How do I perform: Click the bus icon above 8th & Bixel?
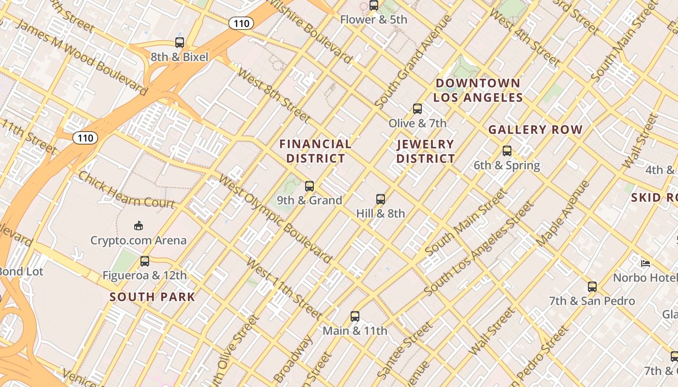coord(180,43)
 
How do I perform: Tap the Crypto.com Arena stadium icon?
coord(139,225)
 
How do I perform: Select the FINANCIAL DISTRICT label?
coord(315,151)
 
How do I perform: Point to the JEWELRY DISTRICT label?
coord(426,151)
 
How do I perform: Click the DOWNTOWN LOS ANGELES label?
coord(478,90)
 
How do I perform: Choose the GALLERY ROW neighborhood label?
coord(535,130)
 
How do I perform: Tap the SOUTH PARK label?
coord(152,297)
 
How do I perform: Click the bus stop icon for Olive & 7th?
coord(417,109)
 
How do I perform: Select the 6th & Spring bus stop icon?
coord(507,151)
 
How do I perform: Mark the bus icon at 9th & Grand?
coord(309,186)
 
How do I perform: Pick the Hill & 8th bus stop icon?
coord(381,199)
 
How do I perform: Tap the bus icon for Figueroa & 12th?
coord(144,261)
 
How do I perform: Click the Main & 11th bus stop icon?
coord(355,316)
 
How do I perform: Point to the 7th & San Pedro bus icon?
coord(592,286)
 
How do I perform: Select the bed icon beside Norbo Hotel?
coord(646,264)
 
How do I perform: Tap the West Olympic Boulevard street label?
coord(275,219)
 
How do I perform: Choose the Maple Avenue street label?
coord(563,213)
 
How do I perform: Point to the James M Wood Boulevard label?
coord(81,57)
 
